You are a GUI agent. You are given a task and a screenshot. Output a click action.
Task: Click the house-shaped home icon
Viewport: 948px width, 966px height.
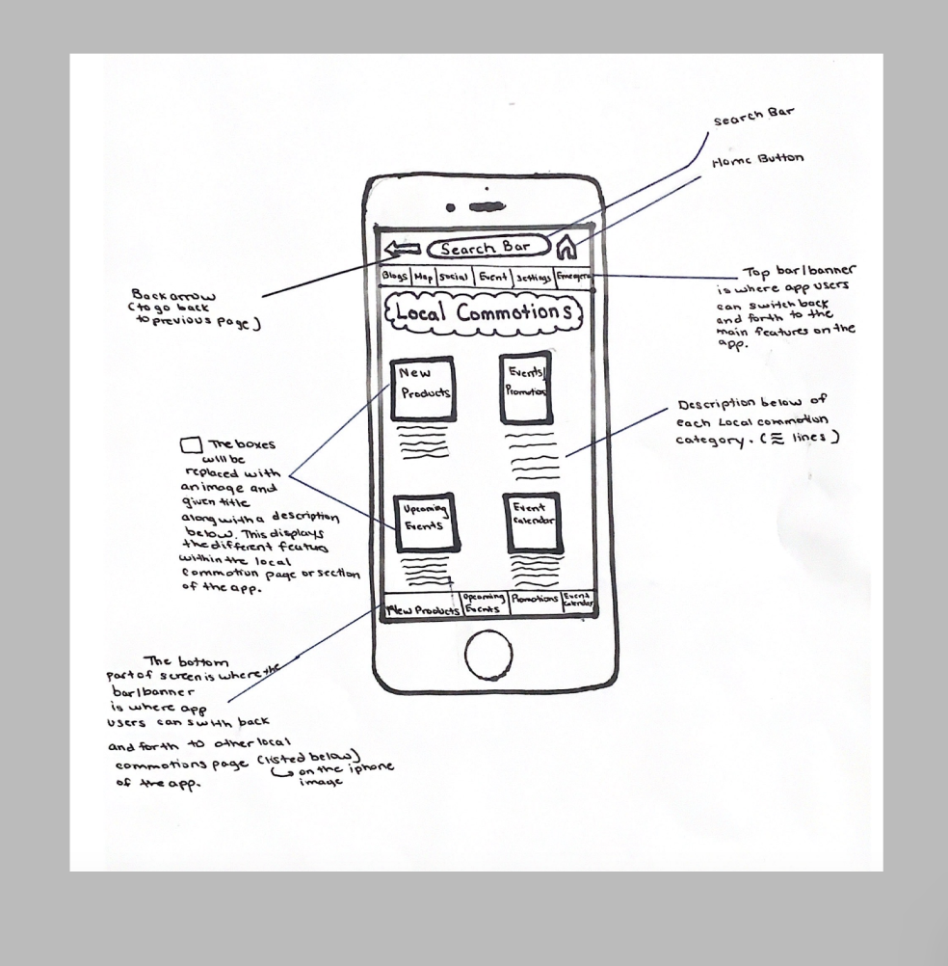coord(566,248)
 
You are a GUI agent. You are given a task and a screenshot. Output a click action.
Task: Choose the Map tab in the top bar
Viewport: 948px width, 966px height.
coord(423,278)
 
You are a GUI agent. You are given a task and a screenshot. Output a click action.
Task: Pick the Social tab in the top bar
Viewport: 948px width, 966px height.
coord(453,278)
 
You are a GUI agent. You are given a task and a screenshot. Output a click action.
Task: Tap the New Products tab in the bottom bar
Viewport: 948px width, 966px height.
coord(421,609)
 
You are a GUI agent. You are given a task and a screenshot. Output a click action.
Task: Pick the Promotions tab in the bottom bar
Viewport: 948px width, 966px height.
coord(535,600)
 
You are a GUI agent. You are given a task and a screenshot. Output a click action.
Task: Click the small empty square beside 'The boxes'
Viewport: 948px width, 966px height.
coord(191,444)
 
